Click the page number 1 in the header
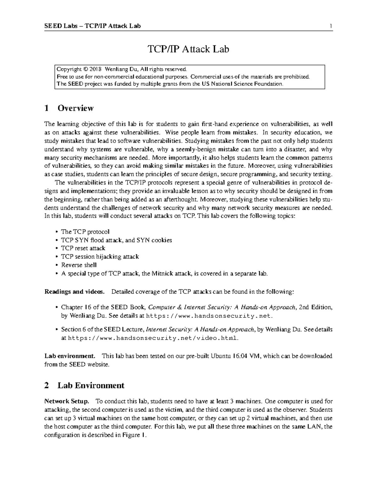click(331, 26)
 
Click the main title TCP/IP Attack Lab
click(188, 49)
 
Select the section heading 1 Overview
click(69, 108)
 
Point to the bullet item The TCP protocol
click(85, 232)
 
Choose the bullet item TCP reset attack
click(83, 248)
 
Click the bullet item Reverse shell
click(79, 265)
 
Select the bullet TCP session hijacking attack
click(100, 257)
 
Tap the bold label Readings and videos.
click(74, 292)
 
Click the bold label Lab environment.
click(70, 356)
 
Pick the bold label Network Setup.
click(67, 401)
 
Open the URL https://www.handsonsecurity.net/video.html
click(153, 338)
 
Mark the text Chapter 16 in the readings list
click(72, 307)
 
